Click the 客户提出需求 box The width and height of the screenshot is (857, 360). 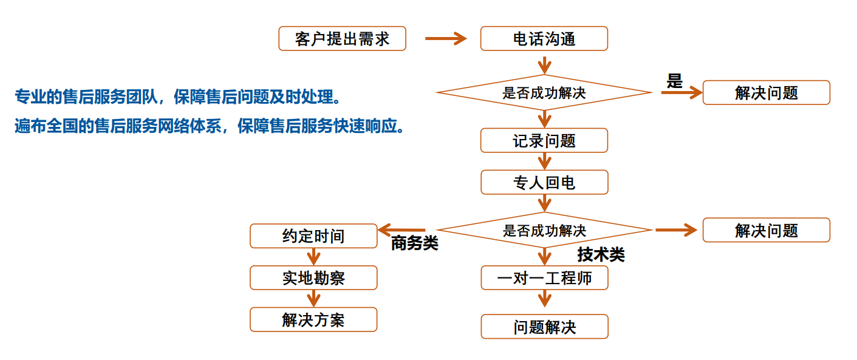point(342,39)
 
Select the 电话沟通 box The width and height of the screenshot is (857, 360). point(544,39)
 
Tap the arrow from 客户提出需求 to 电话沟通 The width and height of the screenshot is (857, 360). point(445,39)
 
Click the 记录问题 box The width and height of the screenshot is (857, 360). point(544,140)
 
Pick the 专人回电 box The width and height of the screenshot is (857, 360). point(544,182)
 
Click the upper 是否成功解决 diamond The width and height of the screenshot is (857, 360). point(544,93)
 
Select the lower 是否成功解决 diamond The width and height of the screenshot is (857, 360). point(544,230)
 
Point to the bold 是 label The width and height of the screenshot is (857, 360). point(675,81)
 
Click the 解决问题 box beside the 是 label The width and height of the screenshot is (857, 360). point(766,93)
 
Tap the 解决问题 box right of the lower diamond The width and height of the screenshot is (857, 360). point(766,230)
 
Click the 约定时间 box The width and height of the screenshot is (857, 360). point(313,236)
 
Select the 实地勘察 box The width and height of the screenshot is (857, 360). point(313,277)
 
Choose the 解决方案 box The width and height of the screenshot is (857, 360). point(313,319)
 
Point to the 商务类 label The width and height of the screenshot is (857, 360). point(414,243)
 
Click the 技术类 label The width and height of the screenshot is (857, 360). point(601,255)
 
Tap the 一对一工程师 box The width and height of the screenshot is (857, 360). point(544,278)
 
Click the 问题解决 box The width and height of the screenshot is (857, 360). point(544,327)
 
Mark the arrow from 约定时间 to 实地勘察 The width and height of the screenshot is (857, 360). point(313,256)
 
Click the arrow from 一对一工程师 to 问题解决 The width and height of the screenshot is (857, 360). point(544,298)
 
